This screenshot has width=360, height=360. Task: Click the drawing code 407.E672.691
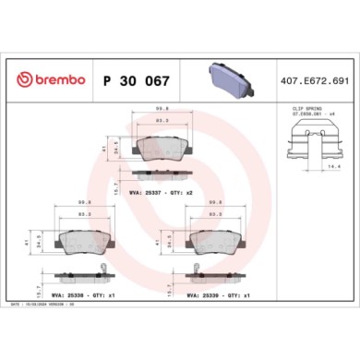(315, 80)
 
